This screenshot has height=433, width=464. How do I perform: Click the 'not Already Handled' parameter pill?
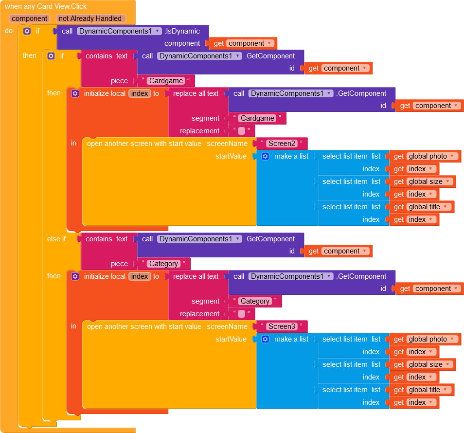[90, 18]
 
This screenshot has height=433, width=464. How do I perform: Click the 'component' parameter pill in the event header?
[30, 18]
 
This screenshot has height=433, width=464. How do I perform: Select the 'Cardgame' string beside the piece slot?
[166, 81]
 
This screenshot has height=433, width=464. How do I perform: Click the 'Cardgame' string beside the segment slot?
[257, 118]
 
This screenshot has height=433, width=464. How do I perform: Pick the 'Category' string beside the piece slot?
[163, 264]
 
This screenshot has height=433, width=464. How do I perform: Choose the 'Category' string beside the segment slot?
[255, 301]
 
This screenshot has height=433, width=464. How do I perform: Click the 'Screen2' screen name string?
[282, 144]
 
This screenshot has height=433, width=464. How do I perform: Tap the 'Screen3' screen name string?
[282, 326]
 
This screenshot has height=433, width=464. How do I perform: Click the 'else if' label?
[56, 239]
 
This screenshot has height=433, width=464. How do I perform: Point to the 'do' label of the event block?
[9, 31]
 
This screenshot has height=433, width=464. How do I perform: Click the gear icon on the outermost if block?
[27, 31]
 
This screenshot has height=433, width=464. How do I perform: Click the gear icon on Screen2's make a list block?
[265, 156]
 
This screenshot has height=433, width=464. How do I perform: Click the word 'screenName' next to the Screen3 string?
[227, 326]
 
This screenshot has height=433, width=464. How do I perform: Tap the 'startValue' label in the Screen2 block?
[231, 156]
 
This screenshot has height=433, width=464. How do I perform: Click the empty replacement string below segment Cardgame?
[242, 131]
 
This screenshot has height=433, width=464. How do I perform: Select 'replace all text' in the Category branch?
[196, 276]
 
